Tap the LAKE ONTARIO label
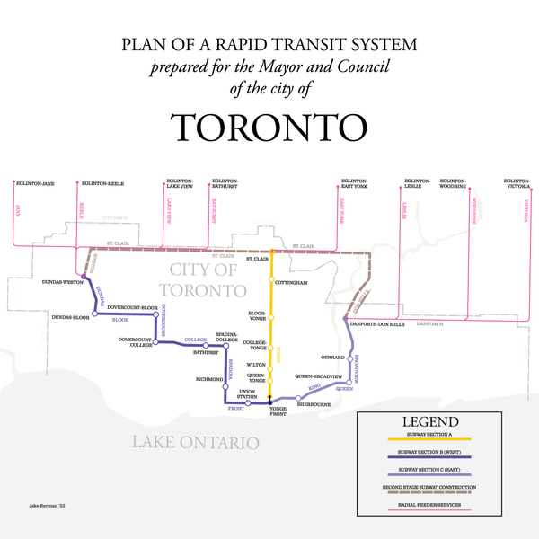tap(195, 442)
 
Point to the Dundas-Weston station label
tap(63, 281)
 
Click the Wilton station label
tap(256, 365)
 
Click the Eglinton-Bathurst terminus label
tap(225, 184)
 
